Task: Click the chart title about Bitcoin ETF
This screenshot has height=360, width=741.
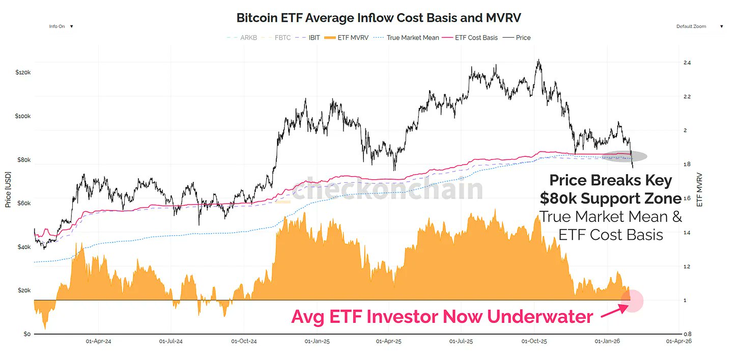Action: [x=379, y=18]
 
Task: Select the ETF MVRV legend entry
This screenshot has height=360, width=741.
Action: [x=351, y=38]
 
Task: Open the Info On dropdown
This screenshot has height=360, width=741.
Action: [x=61, y=26]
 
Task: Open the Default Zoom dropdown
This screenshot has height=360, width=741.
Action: [x=699, y=26]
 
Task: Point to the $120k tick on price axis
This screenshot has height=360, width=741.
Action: [x=23, y=73]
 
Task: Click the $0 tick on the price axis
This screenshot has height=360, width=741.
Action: [x=26, y=334]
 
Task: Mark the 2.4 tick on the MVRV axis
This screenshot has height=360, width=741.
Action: [x=687, y=63]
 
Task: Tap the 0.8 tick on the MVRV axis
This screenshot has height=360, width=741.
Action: [x=687, y=334]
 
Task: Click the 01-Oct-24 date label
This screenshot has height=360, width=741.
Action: [x=244, y=342]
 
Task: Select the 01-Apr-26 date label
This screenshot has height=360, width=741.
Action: [x=679, y=342]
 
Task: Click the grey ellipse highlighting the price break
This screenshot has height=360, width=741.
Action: [x=624, y=156]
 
